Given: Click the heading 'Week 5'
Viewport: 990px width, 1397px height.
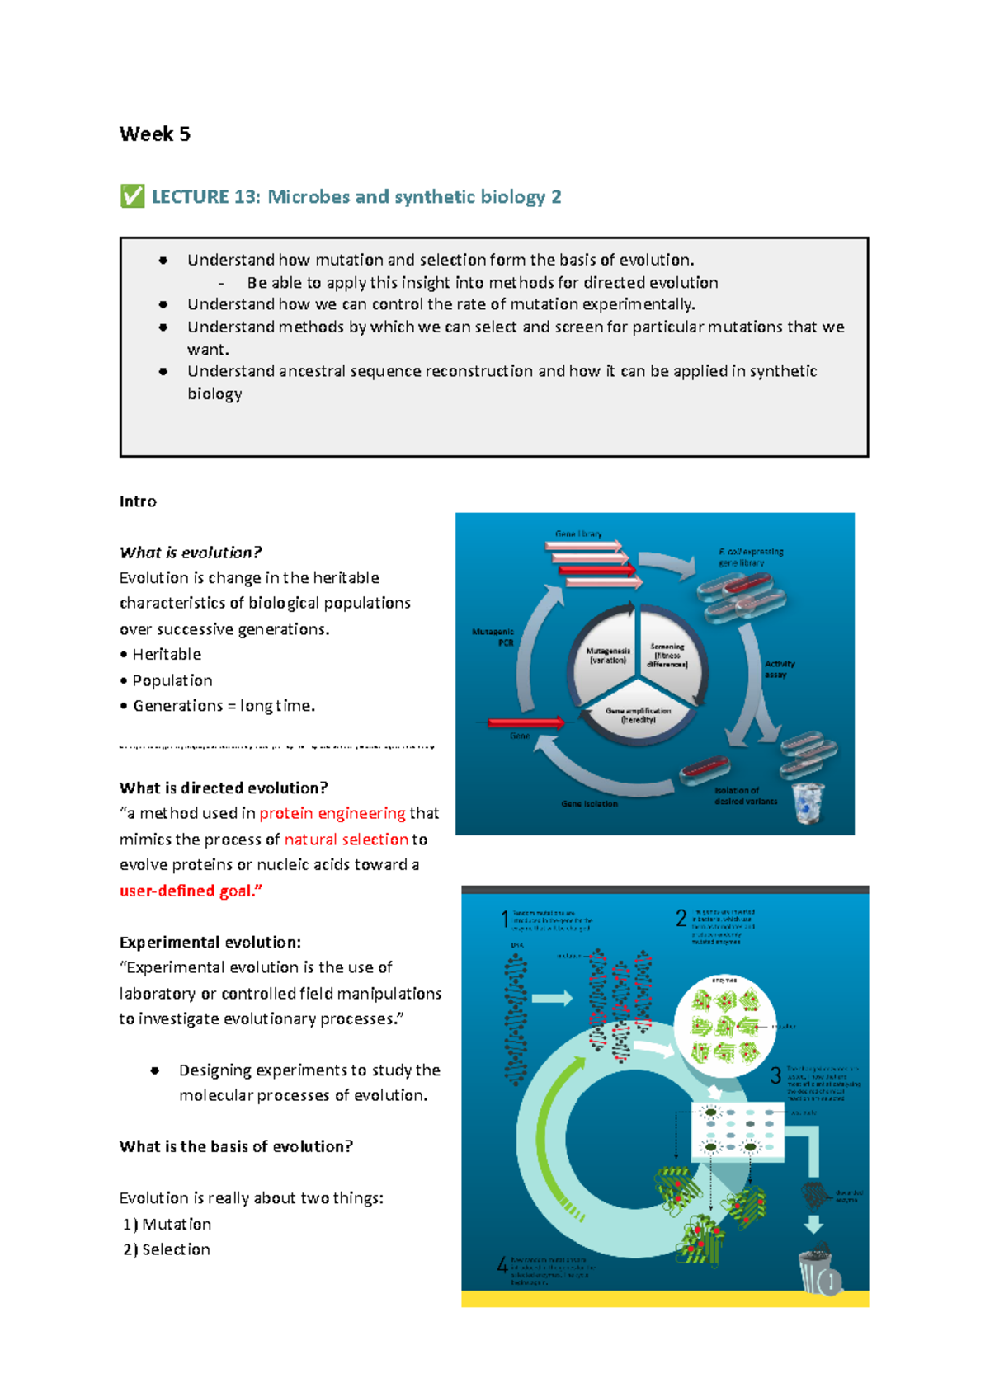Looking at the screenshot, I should click(154, 134).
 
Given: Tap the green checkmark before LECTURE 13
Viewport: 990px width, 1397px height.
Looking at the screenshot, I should click(132, 196).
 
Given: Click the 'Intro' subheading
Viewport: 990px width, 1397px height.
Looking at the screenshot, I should click(138, 501).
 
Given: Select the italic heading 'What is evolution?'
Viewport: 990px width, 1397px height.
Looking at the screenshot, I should click(191, 553).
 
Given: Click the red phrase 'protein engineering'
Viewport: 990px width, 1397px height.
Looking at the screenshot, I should click(332, 813).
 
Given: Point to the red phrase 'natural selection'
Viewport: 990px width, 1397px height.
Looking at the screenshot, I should click(346, 840).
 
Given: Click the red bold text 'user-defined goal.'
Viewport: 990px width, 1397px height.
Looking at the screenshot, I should click(191, 891).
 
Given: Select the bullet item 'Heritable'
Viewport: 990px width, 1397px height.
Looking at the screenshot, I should click(166, 654).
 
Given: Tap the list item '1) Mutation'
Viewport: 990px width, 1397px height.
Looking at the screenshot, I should click(167, 1224).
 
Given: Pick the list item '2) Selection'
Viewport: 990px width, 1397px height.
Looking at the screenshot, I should click(167, 1249).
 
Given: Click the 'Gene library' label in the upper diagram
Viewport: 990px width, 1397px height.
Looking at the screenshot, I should click(578, 534).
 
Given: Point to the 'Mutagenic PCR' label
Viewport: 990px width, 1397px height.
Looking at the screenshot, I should click(493, 637).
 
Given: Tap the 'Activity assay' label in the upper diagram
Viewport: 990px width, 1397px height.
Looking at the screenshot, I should click(779, 669).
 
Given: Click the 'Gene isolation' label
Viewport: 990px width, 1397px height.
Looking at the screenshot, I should click(589, 803).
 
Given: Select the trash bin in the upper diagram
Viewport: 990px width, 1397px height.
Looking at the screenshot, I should click(808, 803).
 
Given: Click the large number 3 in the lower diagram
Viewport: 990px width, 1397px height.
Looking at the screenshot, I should click(775, 1075).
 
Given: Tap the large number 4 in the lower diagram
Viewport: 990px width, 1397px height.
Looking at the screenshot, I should click(502, 1264).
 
